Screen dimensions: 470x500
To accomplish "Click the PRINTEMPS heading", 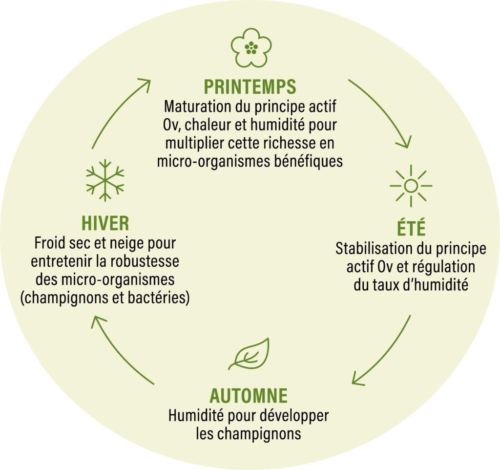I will click(x=250, y=86).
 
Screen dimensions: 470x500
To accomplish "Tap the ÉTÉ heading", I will click(x=411, y=229).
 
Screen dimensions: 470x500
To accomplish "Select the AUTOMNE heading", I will click(x=249, y=395).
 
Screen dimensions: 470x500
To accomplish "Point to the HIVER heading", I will click(x=105, y=223).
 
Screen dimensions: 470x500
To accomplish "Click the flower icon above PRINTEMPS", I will click(x=251, y=47).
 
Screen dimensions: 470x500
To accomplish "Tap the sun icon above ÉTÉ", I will click(x=411, y=186).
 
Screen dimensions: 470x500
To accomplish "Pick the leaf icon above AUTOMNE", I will click(x=250, y=354).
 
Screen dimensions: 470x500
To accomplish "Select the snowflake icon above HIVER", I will click(x=105, y=180).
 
